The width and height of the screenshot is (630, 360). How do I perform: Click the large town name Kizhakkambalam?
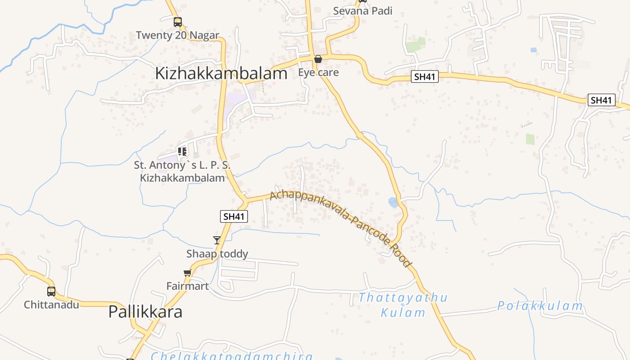coord(221,73)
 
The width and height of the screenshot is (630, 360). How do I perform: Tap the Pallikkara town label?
coord(145,312)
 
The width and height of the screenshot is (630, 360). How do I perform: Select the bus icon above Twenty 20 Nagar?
coord(178,22)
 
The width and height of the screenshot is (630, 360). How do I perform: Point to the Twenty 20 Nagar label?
coord(177,35)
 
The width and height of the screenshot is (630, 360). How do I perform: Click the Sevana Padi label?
coord(363,11)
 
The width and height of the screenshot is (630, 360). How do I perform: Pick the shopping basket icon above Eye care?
coord(318,59)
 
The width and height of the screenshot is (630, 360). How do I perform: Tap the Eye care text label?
coord(319,72)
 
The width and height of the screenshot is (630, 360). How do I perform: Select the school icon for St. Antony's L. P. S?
coord(182,151)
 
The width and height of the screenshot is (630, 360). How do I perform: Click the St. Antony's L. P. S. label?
coord(182,171)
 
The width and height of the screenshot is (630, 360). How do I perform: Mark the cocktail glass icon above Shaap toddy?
coord(217,240)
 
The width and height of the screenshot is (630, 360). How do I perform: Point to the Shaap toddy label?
coord(217,254)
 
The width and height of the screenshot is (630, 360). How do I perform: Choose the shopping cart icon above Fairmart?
coord(188,273)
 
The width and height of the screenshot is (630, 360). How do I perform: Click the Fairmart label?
coord(188,286)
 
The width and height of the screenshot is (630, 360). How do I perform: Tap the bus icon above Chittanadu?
coord(51,292)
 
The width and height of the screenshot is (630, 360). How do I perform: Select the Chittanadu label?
coord(51,305)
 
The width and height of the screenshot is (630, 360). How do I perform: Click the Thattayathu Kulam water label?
coord(403,305)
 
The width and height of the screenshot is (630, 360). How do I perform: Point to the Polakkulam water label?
coord(540,306)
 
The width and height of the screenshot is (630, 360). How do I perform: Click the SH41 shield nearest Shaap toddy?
coord(234,216)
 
